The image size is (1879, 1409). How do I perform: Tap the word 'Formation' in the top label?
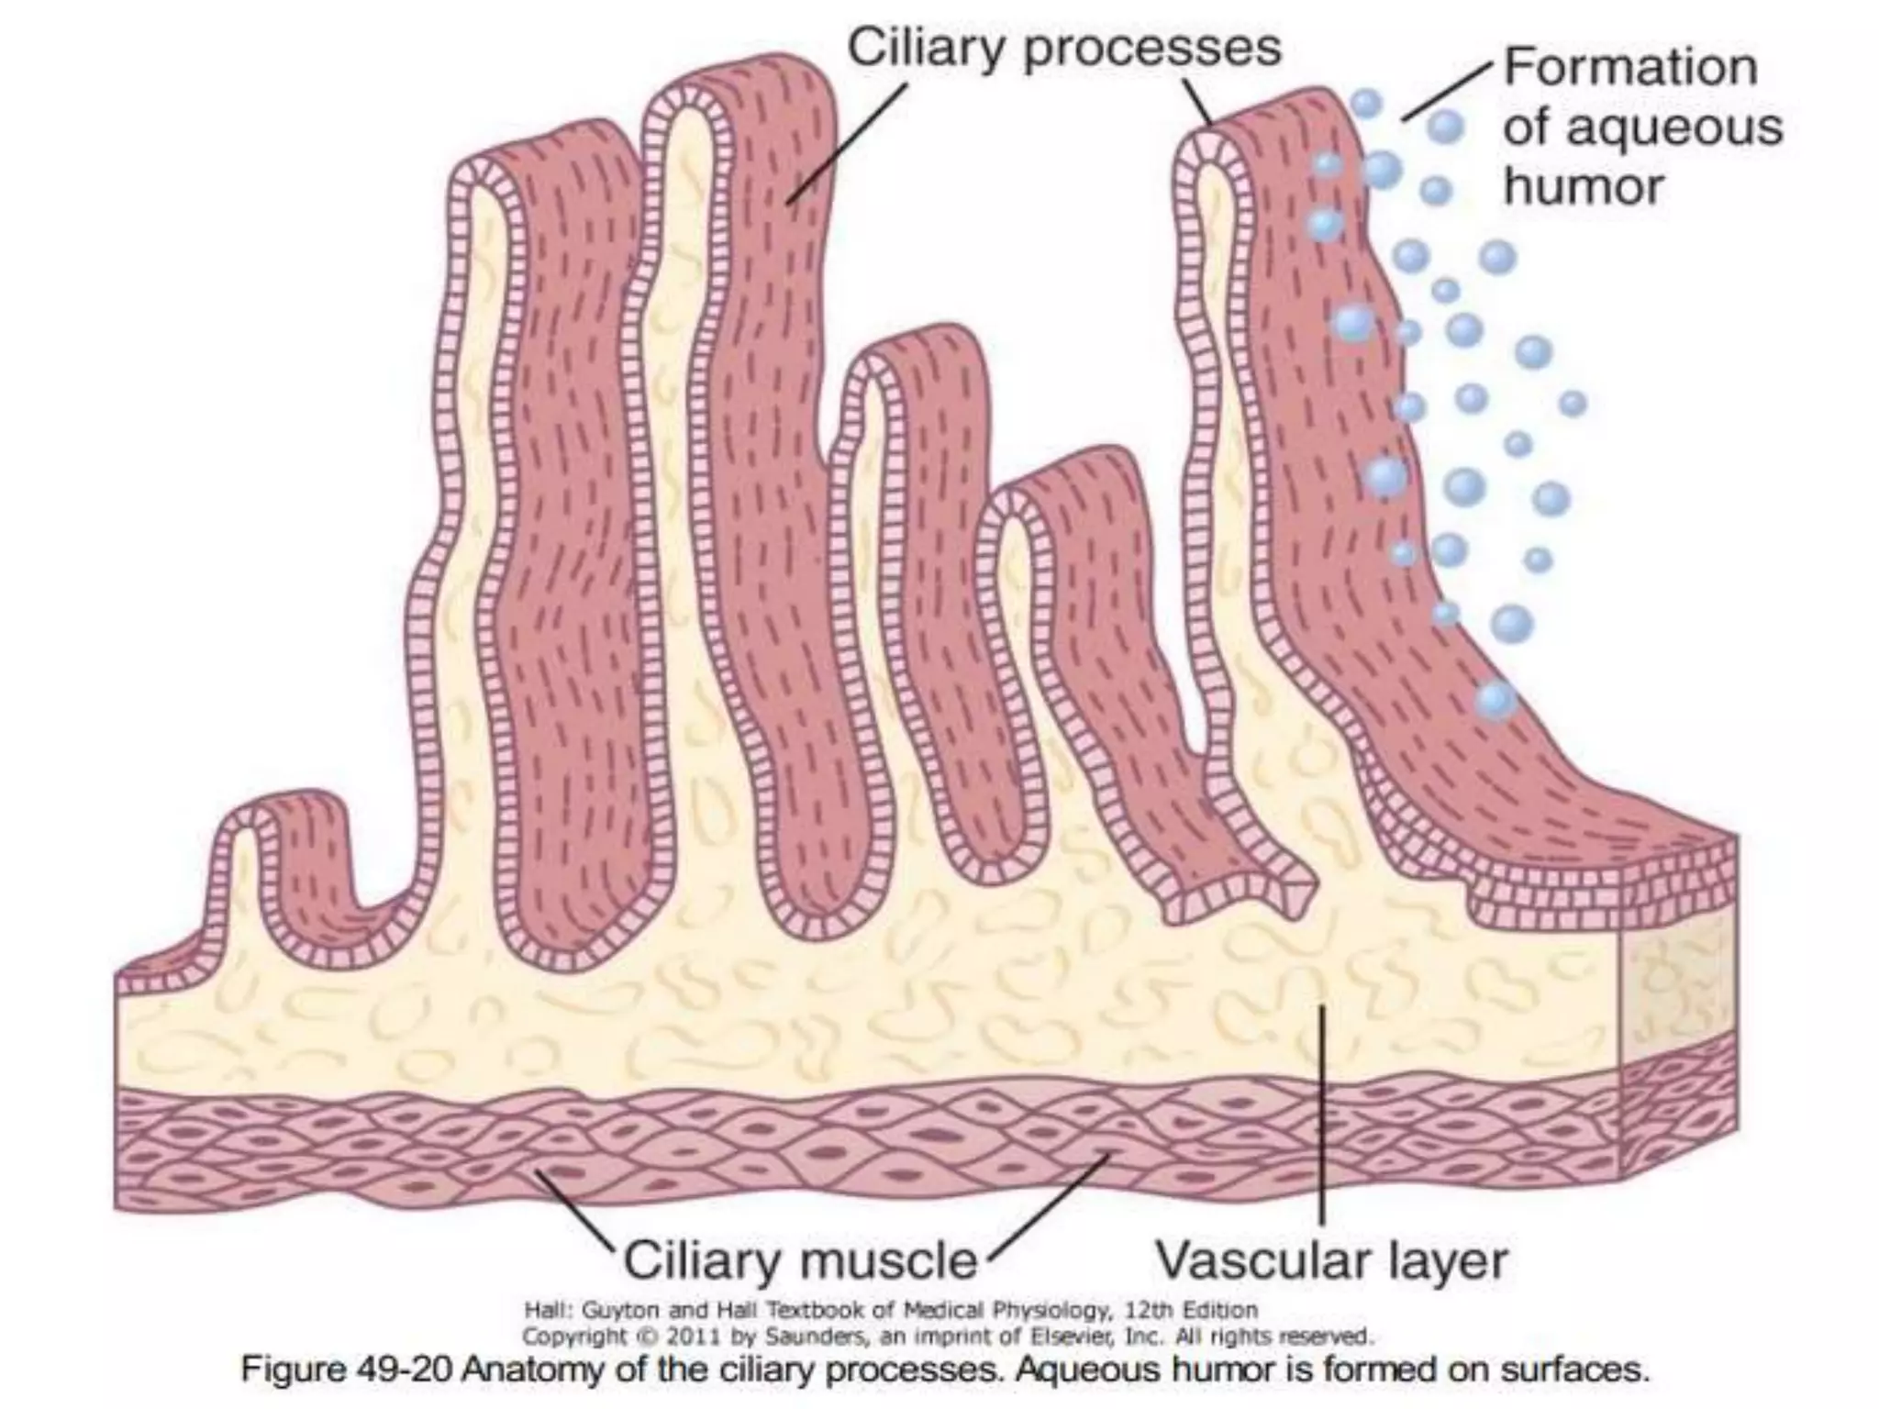(1629, 67)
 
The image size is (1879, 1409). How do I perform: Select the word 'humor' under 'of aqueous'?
(1583, 187)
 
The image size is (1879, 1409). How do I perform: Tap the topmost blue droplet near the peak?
(1366, 103)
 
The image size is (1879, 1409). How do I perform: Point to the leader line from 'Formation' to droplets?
(1447, 92)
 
